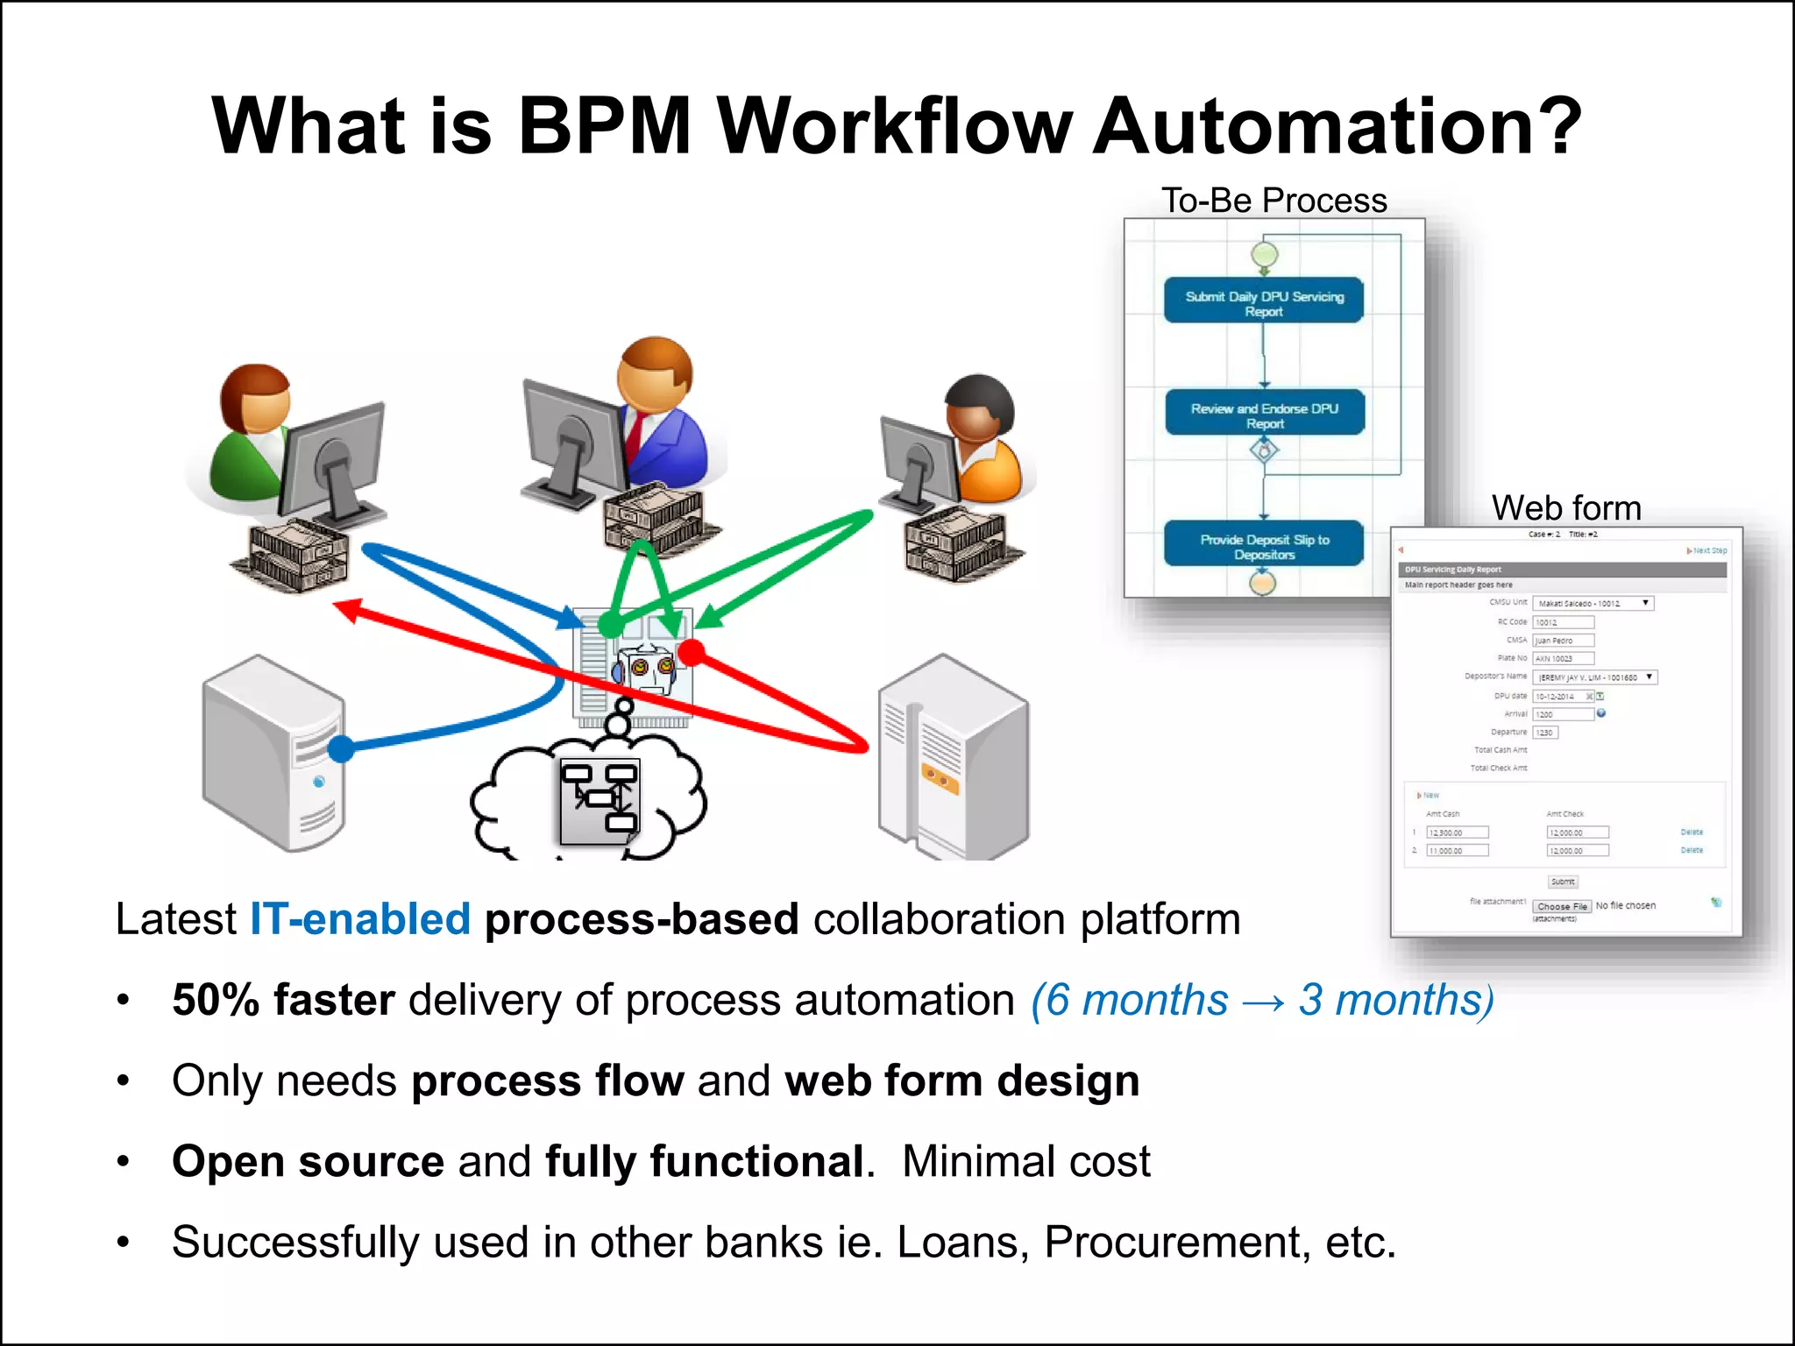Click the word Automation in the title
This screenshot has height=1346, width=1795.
1337,127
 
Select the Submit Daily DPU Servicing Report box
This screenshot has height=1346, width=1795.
1263,301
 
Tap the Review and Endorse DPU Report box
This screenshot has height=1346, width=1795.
1264,413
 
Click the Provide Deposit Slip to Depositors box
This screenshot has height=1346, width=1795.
1263,544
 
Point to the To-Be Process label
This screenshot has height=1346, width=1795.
1274,201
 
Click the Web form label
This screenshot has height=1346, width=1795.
1565,508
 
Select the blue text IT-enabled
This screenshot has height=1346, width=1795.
360,919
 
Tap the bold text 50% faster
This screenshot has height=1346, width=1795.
283,1000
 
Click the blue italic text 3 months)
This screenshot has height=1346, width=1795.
1395,1000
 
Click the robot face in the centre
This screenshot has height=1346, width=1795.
647,668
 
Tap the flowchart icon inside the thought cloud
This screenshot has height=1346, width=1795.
600,800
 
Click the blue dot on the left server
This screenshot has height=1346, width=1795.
341,748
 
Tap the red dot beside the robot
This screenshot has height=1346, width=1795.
692,652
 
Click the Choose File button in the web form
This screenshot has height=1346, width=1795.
1562,906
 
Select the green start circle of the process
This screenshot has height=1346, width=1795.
1263,254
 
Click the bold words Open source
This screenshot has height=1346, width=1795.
308,1161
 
